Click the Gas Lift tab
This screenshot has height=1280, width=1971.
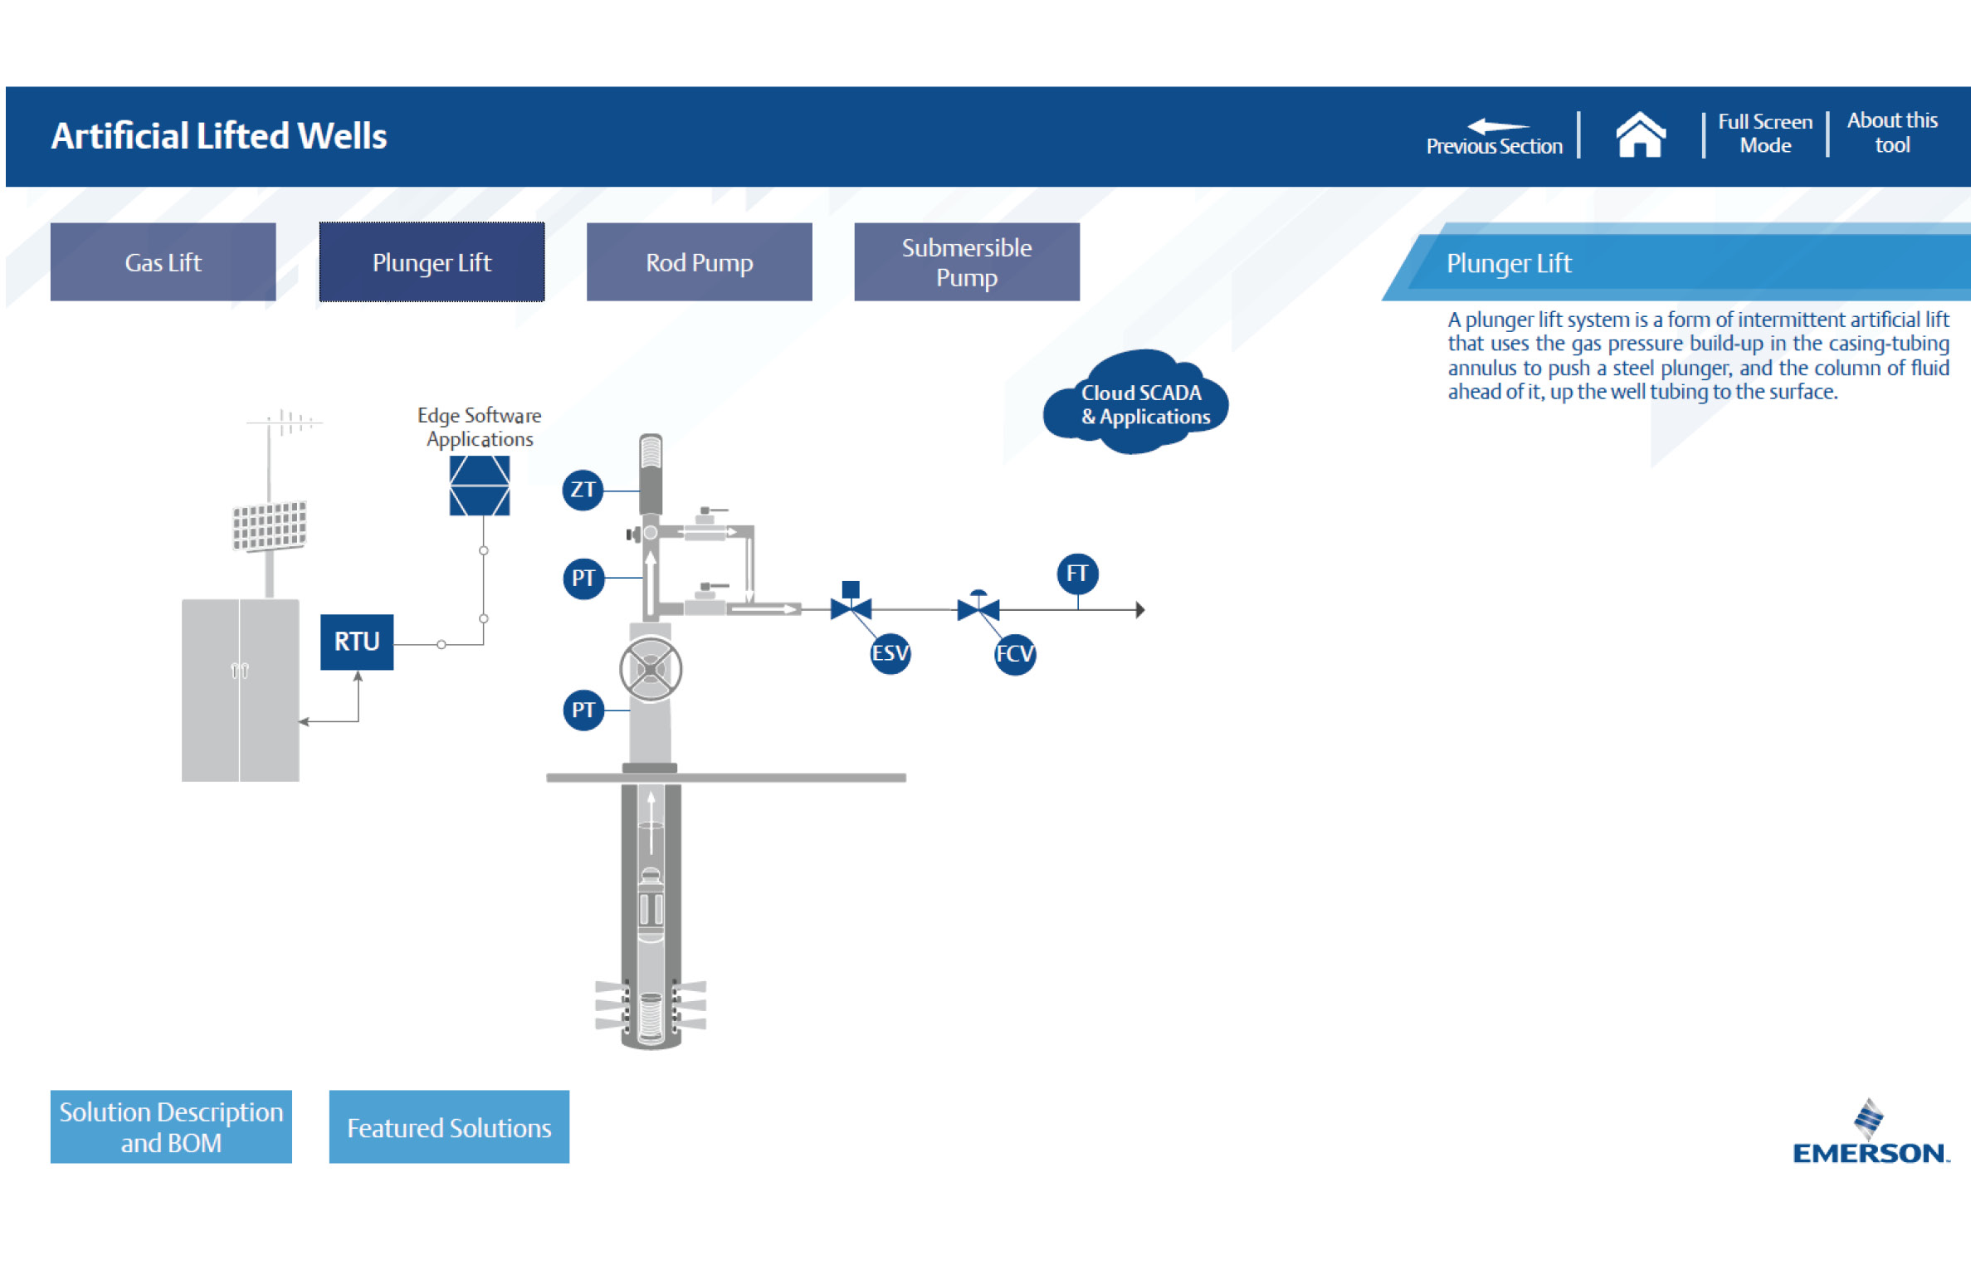pos(163,261)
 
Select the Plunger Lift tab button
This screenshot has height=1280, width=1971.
pos(432,261)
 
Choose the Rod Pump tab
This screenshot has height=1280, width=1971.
pos(699,261)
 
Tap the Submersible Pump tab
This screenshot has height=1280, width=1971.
pos(967,261)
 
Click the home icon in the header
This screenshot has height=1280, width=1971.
pos(1640,134)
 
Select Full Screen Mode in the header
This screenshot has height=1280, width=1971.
pos(1765,134)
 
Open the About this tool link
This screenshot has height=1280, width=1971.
pos(1892,133)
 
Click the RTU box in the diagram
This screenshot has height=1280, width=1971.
pos(357,642)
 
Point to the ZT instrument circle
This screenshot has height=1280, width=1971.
pos(583,490)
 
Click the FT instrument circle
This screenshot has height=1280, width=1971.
pos(1077,574)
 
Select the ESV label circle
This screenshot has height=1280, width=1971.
pos(890,653)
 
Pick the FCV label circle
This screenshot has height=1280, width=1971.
pos(1015,654)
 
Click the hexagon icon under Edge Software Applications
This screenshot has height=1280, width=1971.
pos(480,486)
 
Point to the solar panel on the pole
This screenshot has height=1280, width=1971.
pos(269,525)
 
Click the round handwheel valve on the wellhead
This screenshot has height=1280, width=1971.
pos(651,668)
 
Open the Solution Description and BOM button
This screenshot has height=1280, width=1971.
pos(171,1126)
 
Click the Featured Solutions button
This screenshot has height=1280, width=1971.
pos(449,1126)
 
